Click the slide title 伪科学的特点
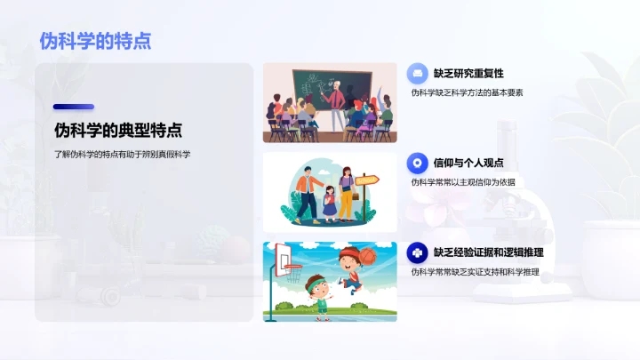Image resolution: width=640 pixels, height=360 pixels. click(95, 40)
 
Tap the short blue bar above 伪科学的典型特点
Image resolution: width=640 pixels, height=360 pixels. click(73, 107)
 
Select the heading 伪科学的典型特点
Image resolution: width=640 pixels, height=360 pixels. click(117, 131)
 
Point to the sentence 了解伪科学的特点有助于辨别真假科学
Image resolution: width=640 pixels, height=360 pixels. click(122, 155)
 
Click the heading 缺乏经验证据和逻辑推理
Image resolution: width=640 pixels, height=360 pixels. click(488, 252)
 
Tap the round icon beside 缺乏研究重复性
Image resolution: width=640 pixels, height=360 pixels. click(416, 74)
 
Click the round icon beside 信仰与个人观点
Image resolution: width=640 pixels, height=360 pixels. click(416, 163)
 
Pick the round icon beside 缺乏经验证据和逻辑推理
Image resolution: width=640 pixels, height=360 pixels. click(416, 252)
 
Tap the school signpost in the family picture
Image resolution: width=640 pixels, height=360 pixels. click(365, 181)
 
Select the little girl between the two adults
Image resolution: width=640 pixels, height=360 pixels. click(329, 201)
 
